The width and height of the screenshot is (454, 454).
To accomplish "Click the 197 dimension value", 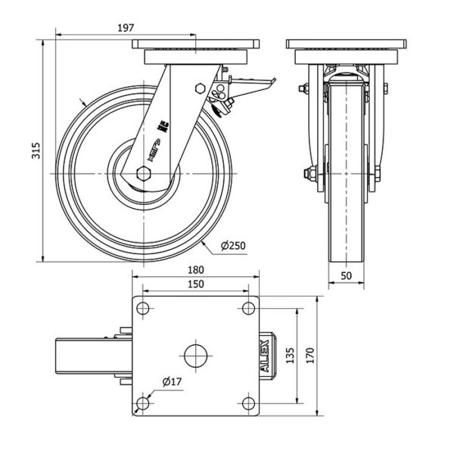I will pos(126,27).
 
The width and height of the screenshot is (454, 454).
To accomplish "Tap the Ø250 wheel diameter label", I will pos(234,245).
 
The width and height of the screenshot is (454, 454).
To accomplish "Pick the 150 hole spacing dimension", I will pos(195,284).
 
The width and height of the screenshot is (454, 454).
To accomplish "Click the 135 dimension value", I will pos(290,356).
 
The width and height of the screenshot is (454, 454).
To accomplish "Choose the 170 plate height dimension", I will pos(310,356).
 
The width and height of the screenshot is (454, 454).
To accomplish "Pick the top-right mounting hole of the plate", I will pos(247,308).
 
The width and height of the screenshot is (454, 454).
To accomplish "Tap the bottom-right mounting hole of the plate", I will pos(247,403).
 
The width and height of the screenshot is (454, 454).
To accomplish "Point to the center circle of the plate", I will pos(195,356).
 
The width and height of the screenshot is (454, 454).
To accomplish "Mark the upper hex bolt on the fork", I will pos(200,87).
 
